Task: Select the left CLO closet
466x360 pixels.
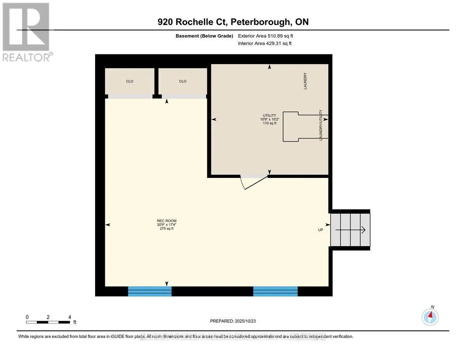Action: pyautogui.click(x=130, y=81)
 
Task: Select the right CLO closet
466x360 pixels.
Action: pyautogui.click(x=183, y=81)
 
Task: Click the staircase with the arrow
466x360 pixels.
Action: pyautogui.click(x=350, y=230)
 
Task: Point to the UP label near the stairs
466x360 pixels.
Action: pyautogui.click(x=321, y=230)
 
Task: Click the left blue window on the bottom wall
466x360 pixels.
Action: pyautogui.click(x=150, y=291)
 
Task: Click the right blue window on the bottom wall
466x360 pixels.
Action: pyautogui.click(x=275, y=291)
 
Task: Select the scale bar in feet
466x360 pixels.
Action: pyautogui.click(x=48, y=322)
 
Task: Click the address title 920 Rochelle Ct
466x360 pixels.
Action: pyautogui.click(x=233, y=22)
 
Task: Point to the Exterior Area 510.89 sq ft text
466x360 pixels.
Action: pyautogui.click(x=265, y=36)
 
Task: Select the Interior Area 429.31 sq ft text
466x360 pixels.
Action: pyautogui.click(x=264, y=43)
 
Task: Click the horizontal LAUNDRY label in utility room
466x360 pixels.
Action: pyautogui.click(x=305, y=81)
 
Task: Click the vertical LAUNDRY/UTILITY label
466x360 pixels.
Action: pyautogui.click(x=321, y=125)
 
